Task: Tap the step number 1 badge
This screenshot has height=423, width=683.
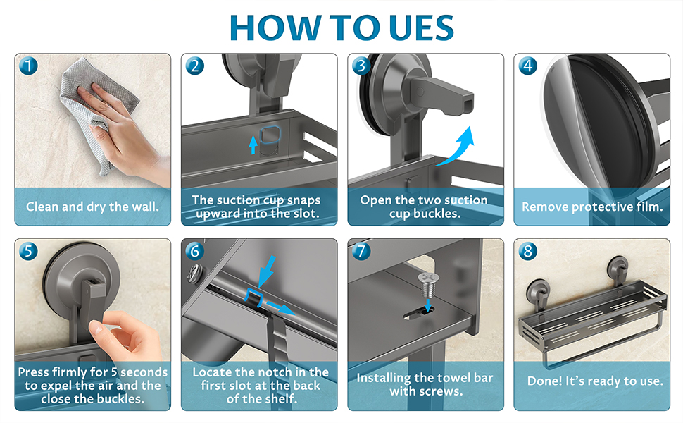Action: click(29, 66)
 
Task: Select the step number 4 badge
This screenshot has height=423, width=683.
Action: click(528, 66)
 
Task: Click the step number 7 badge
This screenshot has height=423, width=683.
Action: click(361, 251)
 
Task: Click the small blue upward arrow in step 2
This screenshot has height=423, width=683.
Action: click(253, 145)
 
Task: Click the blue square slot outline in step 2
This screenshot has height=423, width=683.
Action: click(270, 135)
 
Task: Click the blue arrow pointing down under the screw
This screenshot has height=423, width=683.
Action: click(428, 305)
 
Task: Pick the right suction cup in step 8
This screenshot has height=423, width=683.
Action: click(618, 268)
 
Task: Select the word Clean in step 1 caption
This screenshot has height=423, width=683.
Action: click(42, 207)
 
